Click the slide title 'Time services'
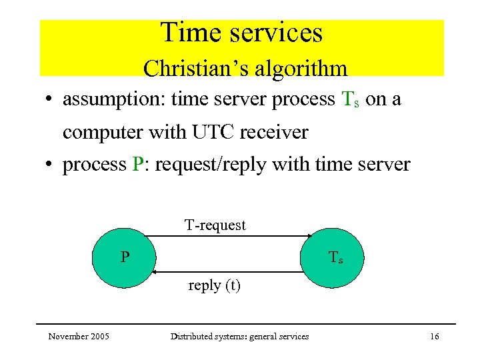pyautogui.click(x=241, y=33)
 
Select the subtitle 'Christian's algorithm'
pyautogui.click(x=245, y=68)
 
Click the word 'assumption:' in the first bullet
pyautogui.click(x=114, y=100)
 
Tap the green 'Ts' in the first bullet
pyautogui.click(x=350, y=100)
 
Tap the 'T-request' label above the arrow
pyautogui.click(x=215, y=225)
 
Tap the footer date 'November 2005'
pyautogui.click(x=79, y=337)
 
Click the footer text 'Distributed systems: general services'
pyautogui.click(x=239, y=337)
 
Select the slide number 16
pyautogui.click(x=434, y=337)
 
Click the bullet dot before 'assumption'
pyautogui.click(x=49, y=101)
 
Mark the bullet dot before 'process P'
pyautogui.click(x=49, y=165)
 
